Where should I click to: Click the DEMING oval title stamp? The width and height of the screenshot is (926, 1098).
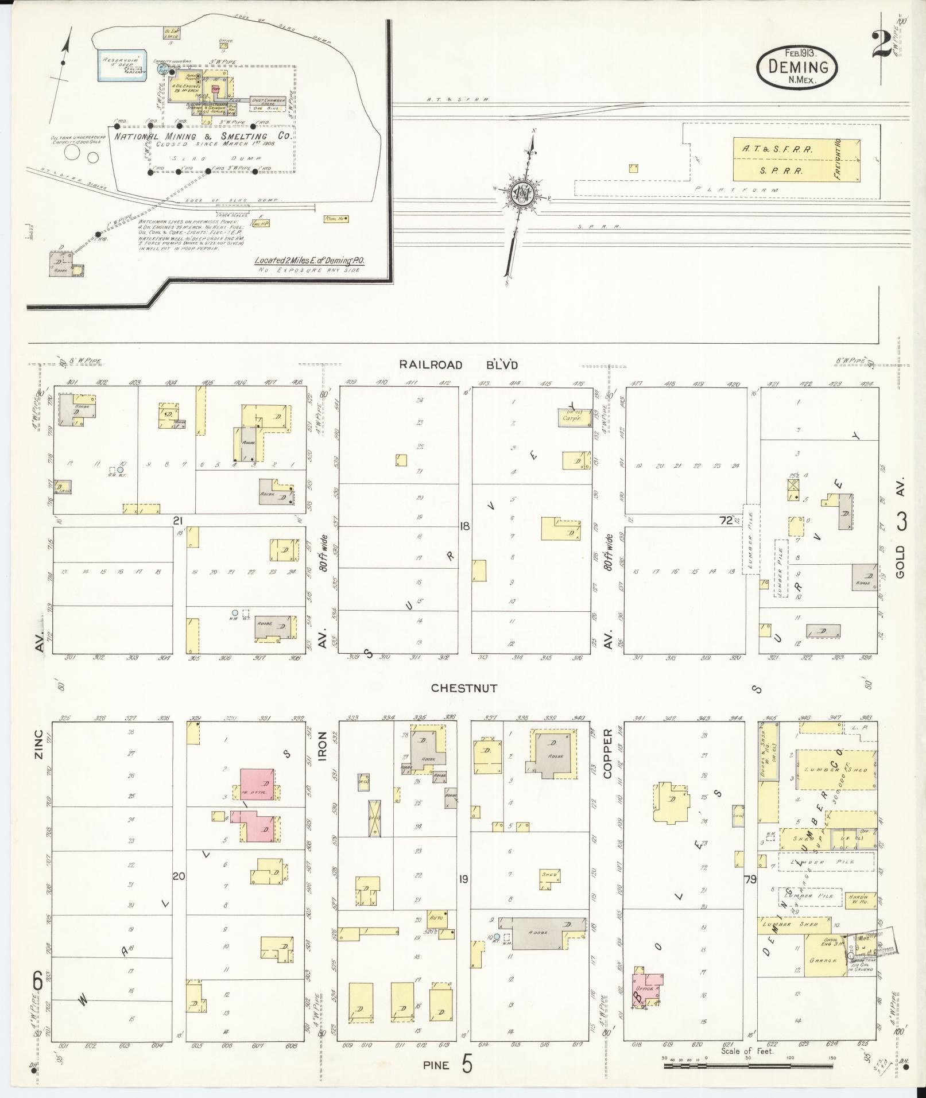pyautogui.click(x=797, y=67)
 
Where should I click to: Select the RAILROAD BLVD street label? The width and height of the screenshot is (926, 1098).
pyautogui.click(x=459, y=364)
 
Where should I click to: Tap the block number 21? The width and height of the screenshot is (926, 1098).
pyautogui.click(x=178, y=521)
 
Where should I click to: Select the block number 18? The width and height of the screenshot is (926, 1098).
pyautogui.click(x=465, y=525)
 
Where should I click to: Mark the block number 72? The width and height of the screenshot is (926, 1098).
pyautogui.click(x=726, y=521)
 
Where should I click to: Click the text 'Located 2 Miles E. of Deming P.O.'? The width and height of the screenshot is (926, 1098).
pyautogui.click(x=310, y=261)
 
